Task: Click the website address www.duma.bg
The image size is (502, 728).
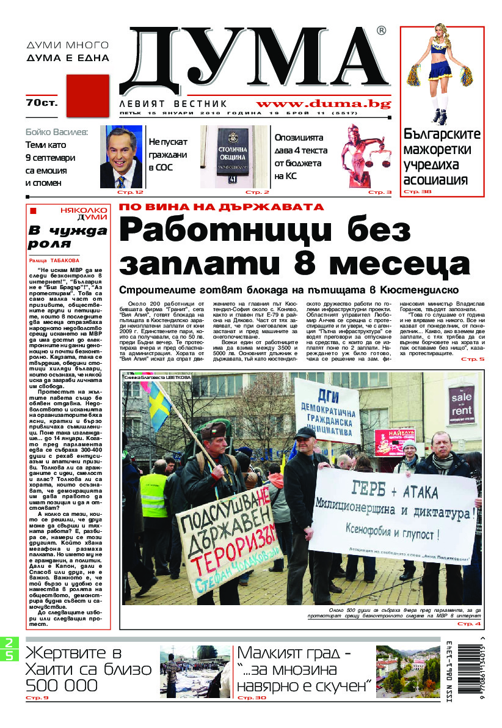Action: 323,104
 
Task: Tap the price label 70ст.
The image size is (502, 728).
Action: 42,103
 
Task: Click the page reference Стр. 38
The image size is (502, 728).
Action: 417,192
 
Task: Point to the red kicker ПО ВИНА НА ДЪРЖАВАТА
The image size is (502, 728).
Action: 221,207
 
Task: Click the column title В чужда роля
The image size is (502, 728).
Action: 67,237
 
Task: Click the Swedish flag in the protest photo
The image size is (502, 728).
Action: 161,403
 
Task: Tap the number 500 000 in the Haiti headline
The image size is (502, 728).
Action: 61,685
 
